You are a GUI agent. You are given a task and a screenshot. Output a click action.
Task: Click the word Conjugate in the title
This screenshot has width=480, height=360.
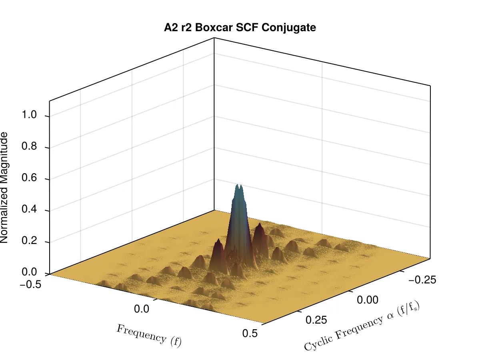coord(289,28)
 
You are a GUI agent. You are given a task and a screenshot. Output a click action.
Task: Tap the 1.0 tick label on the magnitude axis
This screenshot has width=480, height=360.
coord(29,114)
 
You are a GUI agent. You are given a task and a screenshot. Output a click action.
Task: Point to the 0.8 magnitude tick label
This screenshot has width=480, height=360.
coord(29,146)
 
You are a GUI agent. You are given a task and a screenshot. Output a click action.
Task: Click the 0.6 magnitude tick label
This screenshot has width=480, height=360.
coord(29,178)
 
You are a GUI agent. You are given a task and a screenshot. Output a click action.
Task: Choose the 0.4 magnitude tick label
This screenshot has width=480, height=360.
coord(29,209)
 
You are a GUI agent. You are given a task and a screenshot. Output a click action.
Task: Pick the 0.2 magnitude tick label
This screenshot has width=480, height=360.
coord(29,240)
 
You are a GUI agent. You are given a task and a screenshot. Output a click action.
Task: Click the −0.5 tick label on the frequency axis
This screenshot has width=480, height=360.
coord(30,284)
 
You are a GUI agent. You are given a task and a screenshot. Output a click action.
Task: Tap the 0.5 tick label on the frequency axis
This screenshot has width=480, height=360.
coord(250,333)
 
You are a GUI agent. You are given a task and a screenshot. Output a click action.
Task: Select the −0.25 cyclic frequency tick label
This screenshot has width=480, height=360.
coord(422,280)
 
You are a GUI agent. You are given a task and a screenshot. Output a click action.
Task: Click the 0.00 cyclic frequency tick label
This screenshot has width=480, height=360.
coord(368,300)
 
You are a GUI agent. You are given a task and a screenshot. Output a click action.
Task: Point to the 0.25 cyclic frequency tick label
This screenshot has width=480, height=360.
coord(316,320)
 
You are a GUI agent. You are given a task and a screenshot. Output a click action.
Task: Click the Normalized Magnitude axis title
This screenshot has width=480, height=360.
coord(4,188)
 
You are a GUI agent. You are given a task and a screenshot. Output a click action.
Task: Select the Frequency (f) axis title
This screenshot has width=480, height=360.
coord(149,336)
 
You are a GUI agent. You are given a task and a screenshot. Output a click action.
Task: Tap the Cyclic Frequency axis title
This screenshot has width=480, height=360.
coord(362,326)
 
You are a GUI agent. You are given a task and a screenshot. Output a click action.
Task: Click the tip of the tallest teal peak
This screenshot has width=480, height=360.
coord(238,185)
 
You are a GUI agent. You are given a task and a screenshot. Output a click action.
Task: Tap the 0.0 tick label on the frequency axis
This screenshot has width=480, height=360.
coord(142,309)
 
